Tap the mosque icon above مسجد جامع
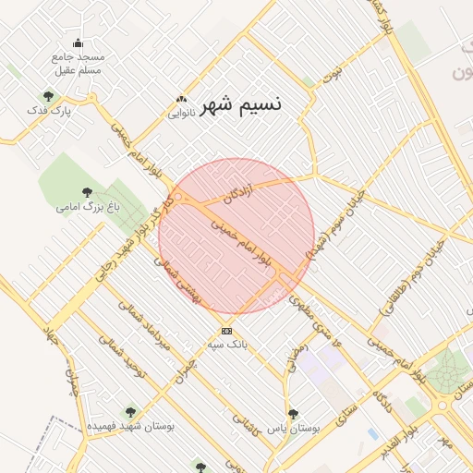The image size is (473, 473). point(78,42)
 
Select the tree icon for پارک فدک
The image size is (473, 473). point(48,95)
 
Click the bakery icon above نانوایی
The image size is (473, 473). point(181,100)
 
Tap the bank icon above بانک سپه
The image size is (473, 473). point(226,331)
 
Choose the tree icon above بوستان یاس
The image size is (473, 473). point(294,414)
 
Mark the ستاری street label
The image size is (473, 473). point(345,408)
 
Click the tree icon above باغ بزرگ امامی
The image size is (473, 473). point(87,192)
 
